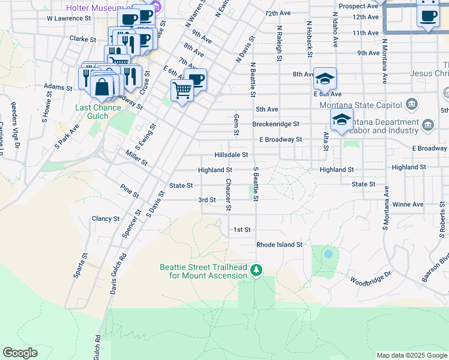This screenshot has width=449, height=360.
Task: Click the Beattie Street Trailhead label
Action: click(203, 271)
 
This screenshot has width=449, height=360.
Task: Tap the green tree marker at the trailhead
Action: click(257, 271)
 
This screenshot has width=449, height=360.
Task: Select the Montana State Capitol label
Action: click(360, 106)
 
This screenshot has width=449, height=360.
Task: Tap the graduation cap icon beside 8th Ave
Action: click(324, 79)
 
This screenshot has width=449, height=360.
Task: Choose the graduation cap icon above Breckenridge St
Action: click(342, 119)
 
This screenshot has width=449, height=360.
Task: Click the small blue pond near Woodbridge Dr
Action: click(328, 254)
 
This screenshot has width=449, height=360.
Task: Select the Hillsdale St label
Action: click(231, 155)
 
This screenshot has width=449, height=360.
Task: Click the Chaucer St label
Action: click(228, 194)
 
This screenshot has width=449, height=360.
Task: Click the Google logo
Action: click(20, 353)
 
